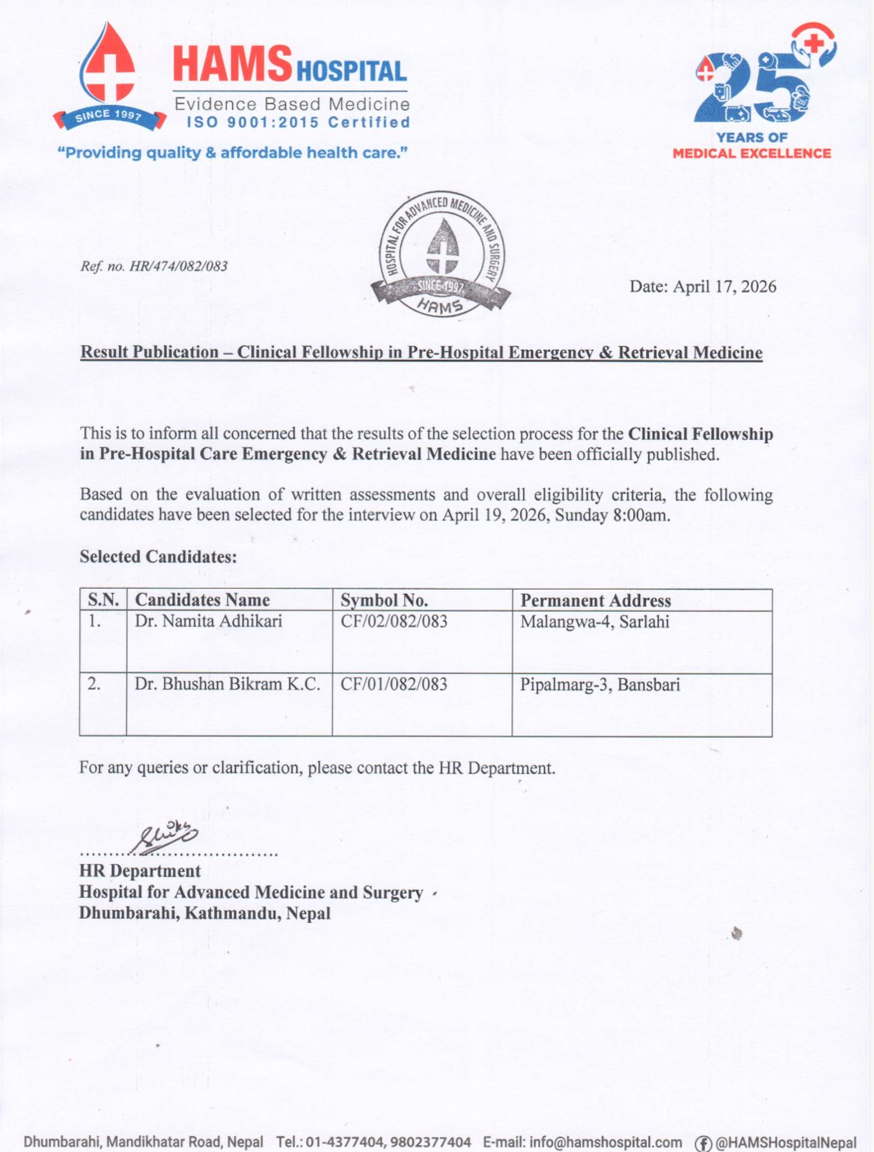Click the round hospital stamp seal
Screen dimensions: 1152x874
(x=441, y=256)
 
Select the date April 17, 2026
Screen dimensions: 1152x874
(x=703, y=287)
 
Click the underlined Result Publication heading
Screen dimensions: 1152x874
(x=421, y=352)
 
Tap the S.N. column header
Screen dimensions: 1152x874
(x=103, y=600)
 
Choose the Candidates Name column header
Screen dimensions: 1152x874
(x=202, y=600)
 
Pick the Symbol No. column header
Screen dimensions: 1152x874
(x=384, y=600)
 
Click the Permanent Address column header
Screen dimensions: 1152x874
(x=595, y=600)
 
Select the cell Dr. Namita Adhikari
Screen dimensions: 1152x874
(x=208, y=621)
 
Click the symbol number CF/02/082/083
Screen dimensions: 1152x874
(x=394, y=621)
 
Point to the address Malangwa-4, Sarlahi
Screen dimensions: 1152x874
(x=595, y=621)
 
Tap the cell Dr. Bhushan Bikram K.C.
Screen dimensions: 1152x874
(x=227, y=684)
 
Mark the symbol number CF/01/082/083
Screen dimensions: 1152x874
(x=394, y=684)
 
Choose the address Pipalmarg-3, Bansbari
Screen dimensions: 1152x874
(x=600, y=685)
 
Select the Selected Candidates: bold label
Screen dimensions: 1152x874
(x=158, y=557)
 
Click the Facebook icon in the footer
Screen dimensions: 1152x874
(x=703, y=1143)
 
